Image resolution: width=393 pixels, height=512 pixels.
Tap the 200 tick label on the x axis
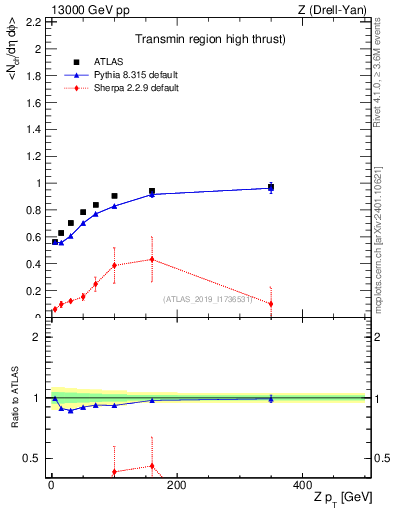(177, 484)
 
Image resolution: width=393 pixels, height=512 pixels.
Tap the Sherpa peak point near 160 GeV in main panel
(152, 259)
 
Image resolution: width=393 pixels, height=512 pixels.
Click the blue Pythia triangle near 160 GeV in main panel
(152, 194)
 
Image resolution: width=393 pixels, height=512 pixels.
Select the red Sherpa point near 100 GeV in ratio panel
(114, 471)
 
